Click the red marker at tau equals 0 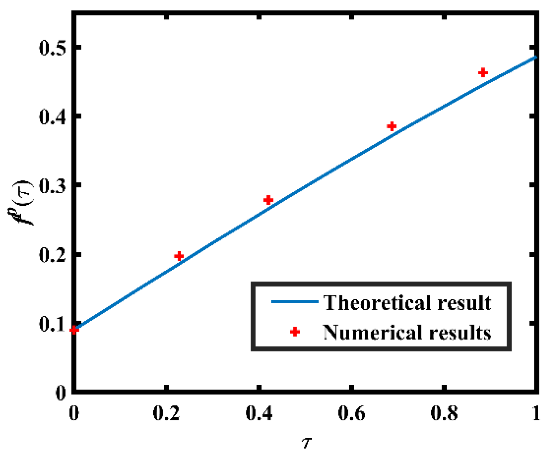[x=74, y=330]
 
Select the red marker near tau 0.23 [x=179, y=256]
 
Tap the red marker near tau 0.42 [x=268, y=200]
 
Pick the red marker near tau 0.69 [x=391, y=127]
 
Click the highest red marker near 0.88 [x=483, y=73]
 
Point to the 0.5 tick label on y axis [x=53, y=47]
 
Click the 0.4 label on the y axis [x=53, y=116]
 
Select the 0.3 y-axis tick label [x=53, y=185]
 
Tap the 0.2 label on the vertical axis [x=53, y=254]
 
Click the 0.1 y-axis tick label [x=53, y=323]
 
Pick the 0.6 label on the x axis [x=351, y=413]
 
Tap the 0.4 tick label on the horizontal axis [x=259, y=413]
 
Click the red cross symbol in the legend [x=295, y=332]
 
